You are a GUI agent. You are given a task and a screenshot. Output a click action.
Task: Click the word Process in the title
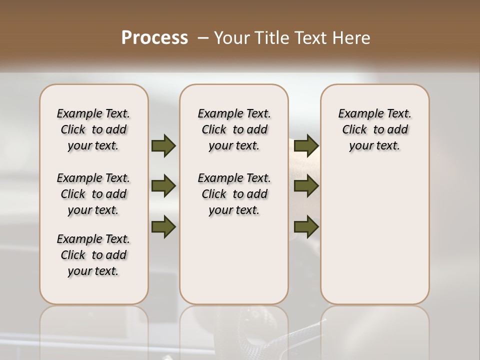[x=154, y=38]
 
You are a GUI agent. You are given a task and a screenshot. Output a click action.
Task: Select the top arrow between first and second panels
[x=163, y=145]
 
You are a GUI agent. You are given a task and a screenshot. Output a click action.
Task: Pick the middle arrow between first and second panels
[x=163, y=186]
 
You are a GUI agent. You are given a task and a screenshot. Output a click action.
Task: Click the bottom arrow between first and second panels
[x=163, y=227]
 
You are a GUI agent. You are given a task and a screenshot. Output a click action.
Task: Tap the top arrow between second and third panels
[x=306, y=145]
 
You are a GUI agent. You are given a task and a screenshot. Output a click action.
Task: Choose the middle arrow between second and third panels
[x=306, y=186]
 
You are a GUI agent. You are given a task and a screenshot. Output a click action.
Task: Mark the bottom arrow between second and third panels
[x=306, y=227]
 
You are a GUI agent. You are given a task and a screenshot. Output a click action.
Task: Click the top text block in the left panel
[x=93, y=129]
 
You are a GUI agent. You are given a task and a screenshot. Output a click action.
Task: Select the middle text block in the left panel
[x=93, y=194]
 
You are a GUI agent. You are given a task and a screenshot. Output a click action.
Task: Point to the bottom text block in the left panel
[x=93, y=255]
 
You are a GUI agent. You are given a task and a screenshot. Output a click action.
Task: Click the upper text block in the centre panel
[x=234, y=129]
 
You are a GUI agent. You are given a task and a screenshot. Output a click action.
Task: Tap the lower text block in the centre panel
[x=234, y=194]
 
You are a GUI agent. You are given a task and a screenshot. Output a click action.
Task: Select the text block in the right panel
[x=375, y=129]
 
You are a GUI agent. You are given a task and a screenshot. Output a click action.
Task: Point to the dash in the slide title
[x=203, y=38]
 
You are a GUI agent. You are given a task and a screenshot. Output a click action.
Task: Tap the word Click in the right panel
[x=355, y=130]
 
